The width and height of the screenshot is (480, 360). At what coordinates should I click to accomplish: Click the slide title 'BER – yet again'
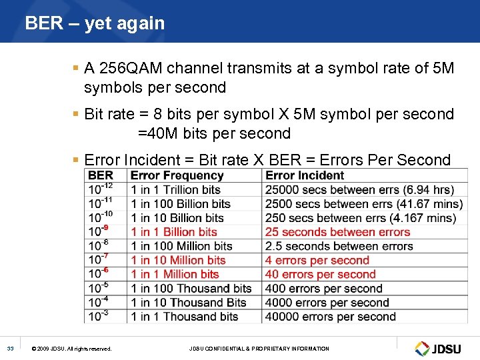(95, 23)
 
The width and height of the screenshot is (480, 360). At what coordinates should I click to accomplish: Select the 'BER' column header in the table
(101, 175)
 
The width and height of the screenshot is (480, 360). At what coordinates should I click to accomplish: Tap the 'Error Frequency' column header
(177, 175)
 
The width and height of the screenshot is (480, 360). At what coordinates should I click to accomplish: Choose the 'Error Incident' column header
(305, 175)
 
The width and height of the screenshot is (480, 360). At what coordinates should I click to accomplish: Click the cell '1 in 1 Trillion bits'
(175, 189)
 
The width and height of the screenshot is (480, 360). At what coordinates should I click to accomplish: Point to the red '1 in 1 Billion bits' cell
(174, 232)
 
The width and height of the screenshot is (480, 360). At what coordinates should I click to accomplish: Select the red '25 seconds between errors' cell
(337, 232)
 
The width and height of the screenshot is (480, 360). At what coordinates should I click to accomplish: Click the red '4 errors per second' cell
(317, 260)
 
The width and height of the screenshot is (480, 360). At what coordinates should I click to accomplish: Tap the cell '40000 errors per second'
(330, 317)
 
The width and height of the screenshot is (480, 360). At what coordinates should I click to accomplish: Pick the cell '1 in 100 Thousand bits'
(191, 289)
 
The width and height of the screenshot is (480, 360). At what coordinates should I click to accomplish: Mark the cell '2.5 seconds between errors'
(339, 246)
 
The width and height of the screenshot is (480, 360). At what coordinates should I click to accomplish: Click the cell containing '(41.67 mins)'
(363, 204)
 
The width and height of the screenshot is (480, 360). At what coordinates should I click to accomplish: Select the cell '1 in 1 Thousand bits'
(184, 317)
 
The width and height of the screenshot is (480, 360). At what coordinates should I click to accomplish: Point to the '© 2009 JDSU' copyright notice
(72, 349)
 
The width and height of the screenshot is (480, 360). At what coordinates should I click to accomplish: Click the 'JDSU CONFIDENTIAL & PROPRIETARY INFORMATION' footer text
(259, 349)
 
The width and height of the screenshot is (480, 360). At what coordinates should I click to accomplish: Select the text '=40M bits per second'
(214, 133)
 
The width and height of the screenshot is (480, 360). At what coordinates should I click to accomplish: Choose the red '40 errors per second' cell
(320, 274)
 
